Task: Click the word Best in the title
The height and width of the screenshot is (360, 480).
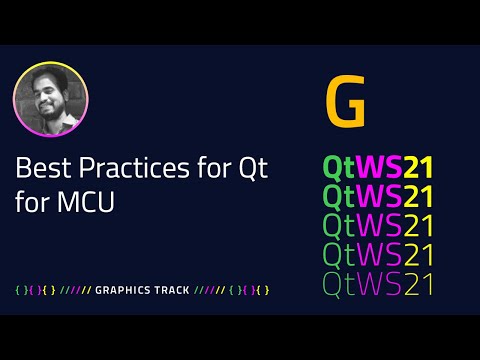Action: [x=37, y=168]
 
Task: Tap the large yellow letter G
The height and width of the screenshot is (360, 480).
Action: [x=346, y=103]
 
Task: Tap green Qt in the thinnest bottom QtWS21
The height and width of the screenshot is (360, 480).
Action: [x=339, y=284]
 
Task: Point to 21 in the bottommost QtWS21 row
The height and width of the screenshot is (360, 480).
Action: [x=420, y=284]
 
